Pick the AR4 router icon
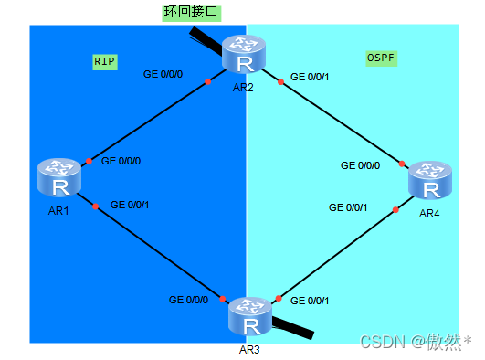pos(429,180)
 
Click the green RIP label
pos(105,61)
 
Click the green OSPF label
pos(380,58)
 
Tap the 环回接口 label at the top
pos(191,13)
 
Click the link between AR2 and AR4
pos(343,122)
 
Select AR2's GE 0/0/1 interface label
pos(310,75)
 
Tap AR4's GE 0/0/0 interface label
pos(361,166)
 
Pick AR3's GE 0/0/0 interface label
pos(189,300)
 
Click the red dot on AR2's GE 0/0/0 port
pos(208,81)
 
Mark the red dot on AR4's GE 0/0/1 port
pos(395,209)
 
